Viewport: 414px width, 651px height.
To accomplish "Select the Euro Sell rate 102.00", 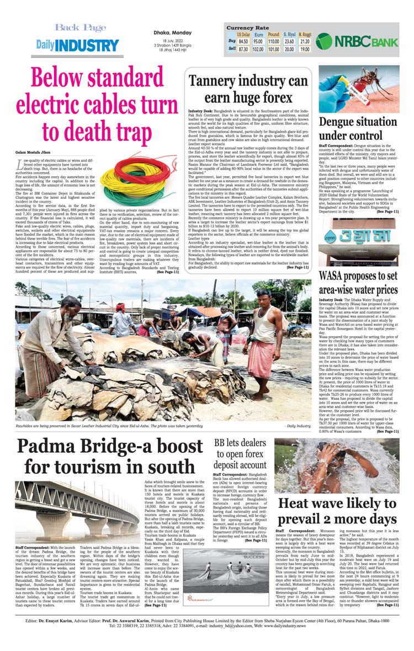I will click(258, 49).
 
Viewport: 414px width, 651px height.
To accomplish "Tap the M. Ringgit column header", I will click(304, 34).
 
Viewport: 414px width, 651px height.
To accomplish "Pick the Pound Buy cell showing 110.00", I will click(273, 41).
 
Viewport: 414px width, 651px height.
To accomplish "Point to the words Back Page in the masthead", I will click(80, 28).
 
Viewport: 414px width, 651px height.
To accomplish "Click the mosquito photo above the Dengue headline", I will click(359, 88).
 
